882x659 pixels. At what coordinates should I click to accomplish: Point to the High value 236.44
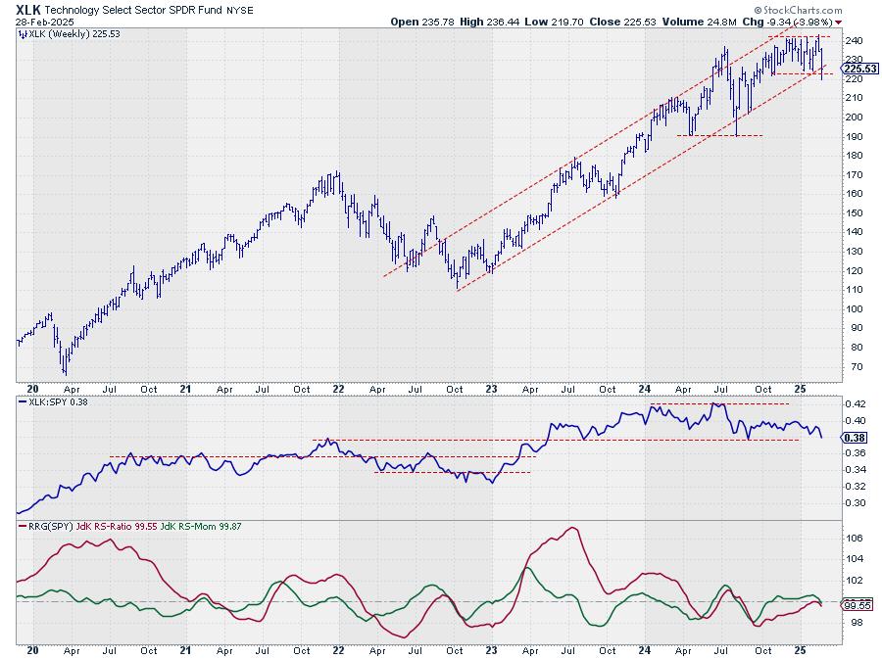(x=508, y=21)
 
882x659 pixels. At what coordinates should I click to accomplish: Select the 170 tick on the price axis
(x=856, y=175)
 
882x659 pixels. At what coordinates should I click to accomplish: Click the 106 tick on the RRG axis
(x=854, y=538)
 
